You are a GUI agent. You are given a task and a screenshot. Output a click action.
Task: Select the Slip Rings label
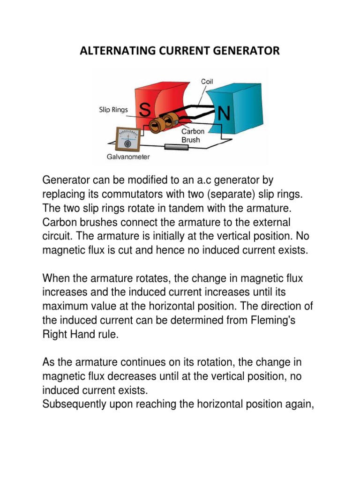click(x=112, y=110)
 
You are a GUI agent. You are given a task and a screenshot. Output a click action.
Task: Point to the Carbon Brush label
click(x=193, y=135)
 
